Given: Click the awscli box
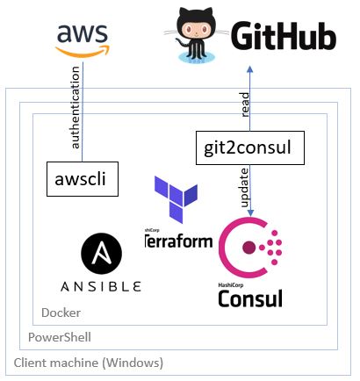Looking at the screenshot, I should pos(81,179).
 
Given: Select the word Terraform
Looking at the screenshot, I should pos(180,239).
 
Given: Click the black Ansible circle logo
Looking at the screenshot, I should pos(100,255).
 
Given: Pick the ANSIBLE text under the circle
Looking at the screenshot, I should pos(100,286).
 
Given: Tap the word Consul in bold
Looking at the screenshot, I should pos(250,298).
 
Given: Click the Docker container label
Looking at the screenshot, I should pos(61,313).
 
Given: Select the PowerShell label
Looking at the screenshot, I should pos(59,337).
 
